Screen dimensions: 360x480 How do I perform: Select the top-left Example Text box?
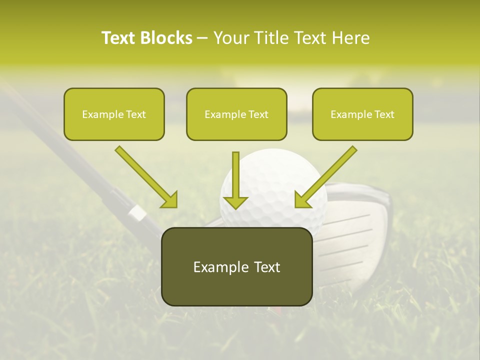114,114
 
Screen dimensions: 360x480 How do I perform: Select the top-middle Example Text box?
236,114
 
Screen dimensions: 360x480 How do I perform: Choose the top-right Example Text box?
362,114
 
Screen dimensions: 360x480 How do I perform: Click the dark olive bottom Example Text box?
236,267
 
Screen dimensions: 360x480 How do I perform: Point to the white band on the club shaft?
137,213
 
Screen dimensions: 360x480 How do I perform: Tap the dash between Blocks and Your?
203,38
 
